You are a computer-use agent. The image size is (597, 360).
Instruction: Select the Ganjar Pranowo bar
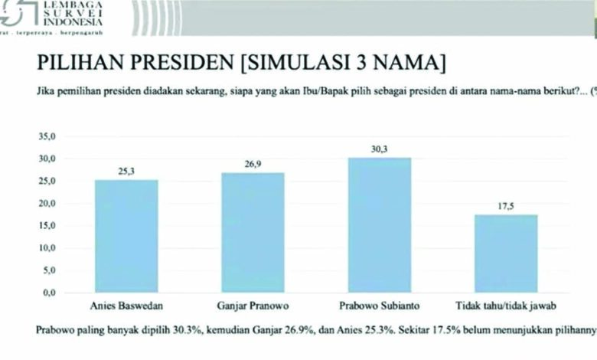click(x=253, y=233)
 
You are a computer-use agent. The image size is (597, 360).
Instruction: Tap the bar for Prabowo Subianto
click(x=380, y=225)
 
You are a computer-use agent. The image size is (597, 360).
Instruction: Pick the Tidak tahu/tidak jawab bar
click(x=506, y=254)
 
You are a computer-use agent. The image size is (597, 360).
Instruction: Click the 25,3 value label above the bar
click(x=126, y=172)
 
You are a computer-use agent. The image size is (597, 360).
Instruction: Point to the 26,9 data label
click(x=253, y=165)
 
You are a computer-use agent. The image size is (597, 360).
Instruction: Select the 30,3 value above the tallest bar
click(x=380, y=149)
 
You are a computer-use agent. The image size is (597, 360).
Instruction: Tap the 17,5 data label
click(x=506, y=207)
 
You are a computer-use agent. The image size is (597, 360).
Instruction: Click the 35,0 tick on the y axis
click(x=47, y=137)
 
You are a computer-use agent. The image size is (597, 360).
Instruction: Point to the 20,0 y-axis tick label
click(x=47, y=204)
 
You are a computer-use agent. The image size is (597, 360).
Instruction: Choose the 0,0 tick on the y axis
click(x=50, y=293)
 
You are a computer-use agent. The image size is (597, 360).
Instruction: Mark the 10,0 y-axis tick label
click(x=47, y=248)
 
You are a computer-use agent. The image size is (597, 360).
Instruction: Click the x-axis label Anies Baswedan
click(x=126, y=306)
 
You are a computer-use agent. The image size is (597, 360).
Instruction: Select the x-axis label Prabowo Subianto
click(x=380, y=306)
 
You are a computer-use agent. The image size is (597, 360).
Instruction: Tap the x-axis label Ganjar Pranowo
click(x=253, y=306)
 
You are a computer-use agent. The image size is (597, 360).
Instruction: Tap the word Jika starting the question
click(x=45, y=89)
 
